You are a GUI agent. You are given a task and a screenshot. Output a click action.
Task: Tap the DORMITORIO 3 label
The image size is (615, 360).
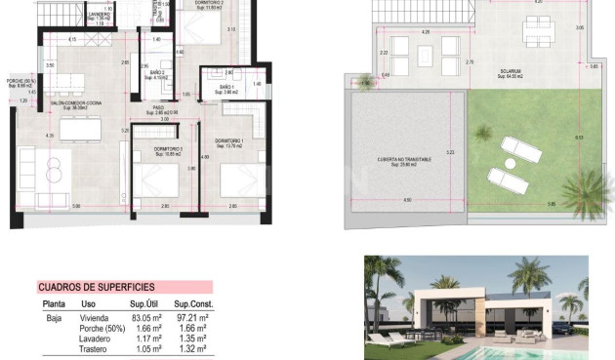point(155,149)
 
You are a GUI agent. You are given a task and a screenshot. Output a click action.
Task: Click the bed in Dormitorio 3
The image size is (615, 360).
point(155,181)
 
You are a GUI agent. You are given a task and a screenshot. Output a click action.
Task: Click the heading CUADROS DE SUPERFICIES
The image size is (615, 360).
point(96,287)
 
